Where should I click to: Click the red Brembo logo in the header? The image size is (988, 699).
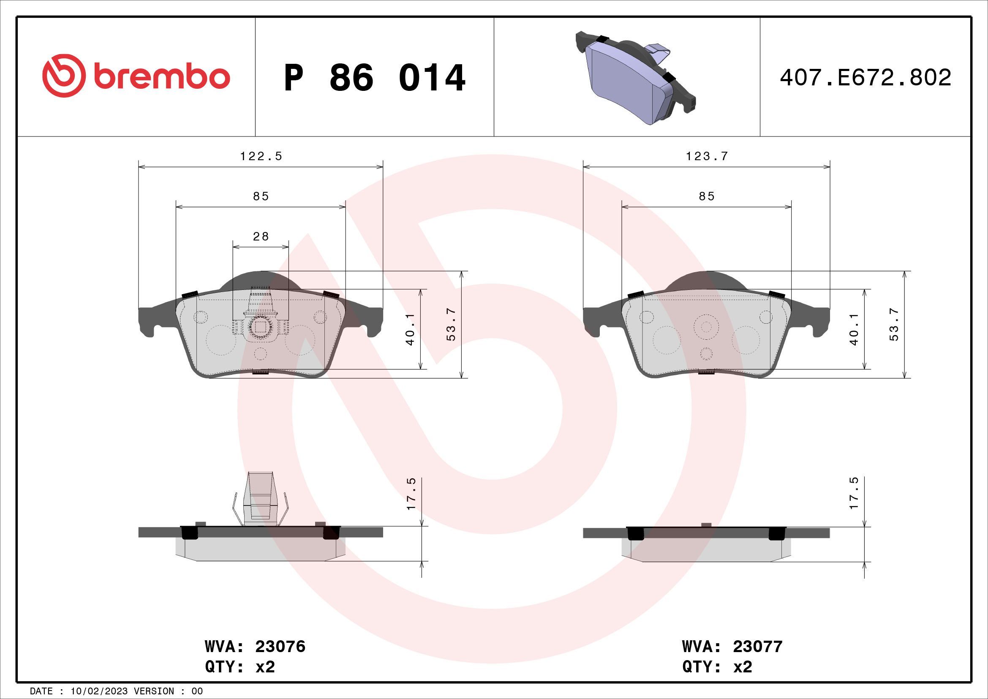click(x=136, y=76)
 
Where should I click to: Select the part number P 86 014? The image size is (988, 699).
click(x=374, y=78)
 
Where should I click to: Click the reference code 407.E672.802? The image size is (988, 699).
click(x=866, y=78)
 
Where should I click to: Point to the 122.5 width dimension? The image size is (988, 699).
click(x=261, y=156)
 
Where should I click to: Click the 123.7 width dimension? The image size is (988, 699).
click(x=707, y=156)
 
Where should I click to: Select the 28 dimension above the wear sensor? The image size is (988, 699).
click(x=261, y=236)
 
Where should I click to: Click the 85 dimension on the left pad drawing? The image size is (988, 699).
click(x=261, y=196)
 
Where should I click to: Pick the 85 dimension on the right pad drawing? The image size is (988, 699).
click(x=707, y=196)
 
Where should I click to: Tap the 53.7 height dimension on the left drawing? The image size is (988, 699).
click(x=451, y=325)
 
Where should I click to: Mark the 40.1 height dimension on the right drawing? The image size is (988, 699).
click(x=854, y=329)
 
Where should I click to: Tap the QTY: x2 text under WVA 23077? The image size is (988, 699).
click(x=717, y=667)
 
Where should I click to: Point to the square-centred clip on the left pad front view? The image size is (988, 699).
click(x=260, y=328)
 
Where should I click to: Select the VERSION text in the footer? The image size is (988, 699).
click(x=161, y=691)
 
